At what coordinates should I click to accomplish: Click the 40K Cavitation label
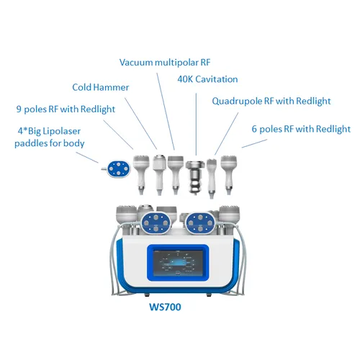(x=207, y=79)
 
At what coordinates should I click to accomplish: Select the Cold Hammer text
(x=101, y=88)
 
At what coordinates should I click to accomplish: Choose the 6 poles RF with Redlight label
(x=300, y=129)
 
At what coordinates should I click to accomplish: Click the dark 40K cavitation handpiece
(x=194, y=176)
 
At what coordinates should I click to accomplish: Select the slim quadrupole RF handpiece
(x=212, y=176)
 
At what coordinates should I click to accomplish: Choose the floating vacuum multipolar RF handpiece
(x=176, y=173)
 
